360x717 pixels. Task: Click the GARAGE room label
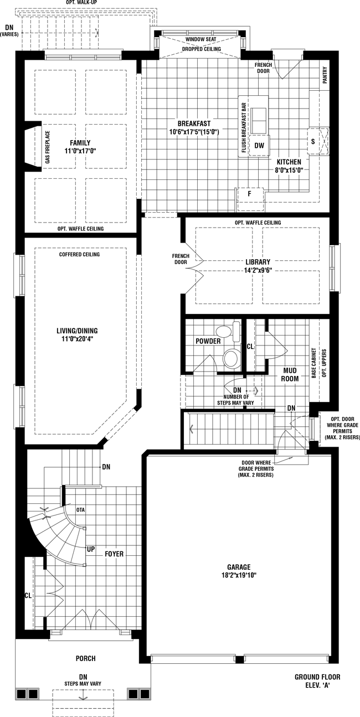tap(239, 567)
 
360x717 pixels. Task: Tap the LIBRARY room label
tap(258, 262)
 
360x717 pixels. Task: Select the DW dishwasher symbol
tap(259, 145)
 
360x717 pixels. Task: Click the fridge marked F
tap(249, 199)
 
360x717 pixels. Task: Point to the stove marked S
tap(318, 141)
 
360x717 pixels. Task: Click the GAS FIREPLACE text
tap(48, 147)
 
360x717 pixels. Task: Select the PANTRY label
tap(325, 75)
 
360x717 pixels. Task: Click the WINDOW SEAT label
tap(201, 39)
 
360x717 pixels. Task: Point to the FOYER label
tap(114, 554)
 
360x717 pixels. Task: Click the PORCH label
tap(85, 658)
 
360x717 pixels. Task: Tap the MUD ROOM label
tap(290, 374)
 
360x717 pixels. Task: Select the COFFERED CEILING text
tap(79, 255)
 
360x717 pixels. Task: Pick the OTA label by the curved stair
tap(81, 509)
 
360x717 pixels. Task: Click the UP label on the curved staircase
tap(91, 549)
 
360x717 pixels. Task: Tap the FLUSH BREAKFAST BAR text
tap(244, 127)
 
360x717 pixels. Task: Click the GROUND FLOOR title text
tap(317, 677)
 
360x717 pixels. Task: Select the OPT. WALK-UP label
tap(81, 3)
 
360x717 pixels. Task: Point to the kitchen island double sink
tap(258, 121)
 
